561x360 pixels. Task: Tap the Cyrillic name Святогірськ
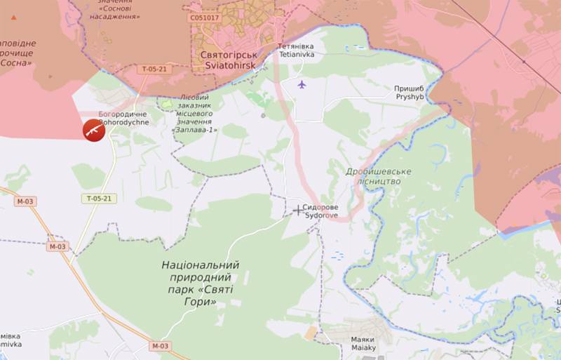point(228,53)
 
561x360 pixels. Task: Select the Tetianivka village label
point(297,53)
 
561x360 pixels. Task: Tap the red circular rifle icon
point(94,130)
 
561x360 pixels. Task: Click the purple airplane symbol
point(302,85)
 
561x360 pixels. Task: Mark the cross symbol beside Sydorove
point(298,210)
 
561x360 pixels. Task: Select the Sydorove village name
point(320,216)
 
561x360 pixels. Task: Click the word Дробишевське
point(379,171)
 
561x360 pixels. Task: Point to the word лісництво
point(379,181)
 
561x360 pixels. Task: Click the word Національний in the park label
point(201,265)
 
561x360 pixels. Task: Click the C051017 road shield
point(204,17)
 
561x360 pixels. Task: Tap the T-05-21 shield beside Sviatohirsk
point(153,69)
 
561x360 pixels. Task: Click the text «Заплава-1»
point(195,130)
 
